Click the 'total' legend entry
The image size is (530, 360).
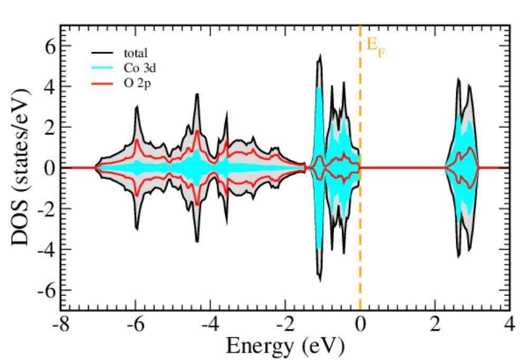point(136,53)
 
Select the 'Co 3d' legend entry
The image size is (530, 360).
point(139,68)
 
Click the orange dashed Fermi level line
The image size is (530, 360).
point(360,211)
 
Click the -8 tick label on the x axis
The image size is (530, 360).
point(61,324)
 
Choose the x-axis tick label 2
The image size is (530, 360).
point(435,324)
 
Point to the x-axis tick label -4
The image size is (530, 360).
point(210,324)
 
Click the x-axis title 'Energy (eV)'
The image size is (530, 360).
point(285,346)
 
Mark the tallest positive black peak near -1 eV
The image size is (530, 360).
point(319,55)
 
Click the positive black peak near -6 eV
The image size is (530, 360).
point(137,107)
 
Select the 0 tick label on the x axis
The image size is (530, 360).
point(360,324)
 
